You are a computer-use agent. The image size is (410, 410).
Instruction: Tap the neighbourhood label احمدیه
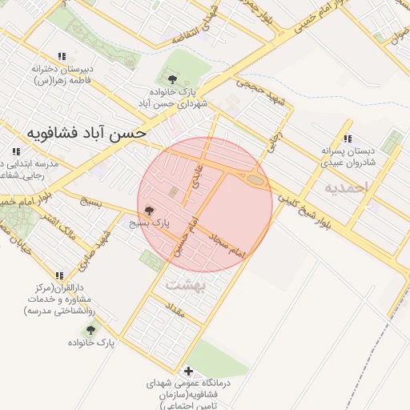[344, 187]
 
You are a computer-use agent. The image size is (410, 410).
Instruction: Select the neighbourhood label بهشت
[186, 284]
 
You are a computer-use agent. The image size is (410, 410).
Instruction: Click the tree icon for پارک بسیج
[149, 211]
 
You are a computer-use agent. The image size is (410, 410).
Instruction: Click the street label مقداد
[175, 310]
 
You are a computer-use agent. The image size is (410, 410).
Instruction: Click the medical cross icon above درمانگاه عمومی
[188, 371]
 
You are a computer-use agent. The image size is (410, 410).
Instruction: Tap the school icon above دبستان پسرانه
[347, 138]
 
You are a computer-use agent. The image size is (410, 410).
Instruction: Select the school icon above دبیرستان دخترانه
[59, 56]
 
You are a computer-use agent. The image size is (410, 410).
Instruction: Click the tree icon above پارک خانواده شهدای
[173, 78]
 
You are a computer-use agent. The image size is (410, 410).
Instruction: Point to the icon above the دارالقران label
[59, 275]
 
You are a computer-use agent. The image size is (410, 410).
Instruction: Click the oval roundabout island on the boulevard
[255, 181]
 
